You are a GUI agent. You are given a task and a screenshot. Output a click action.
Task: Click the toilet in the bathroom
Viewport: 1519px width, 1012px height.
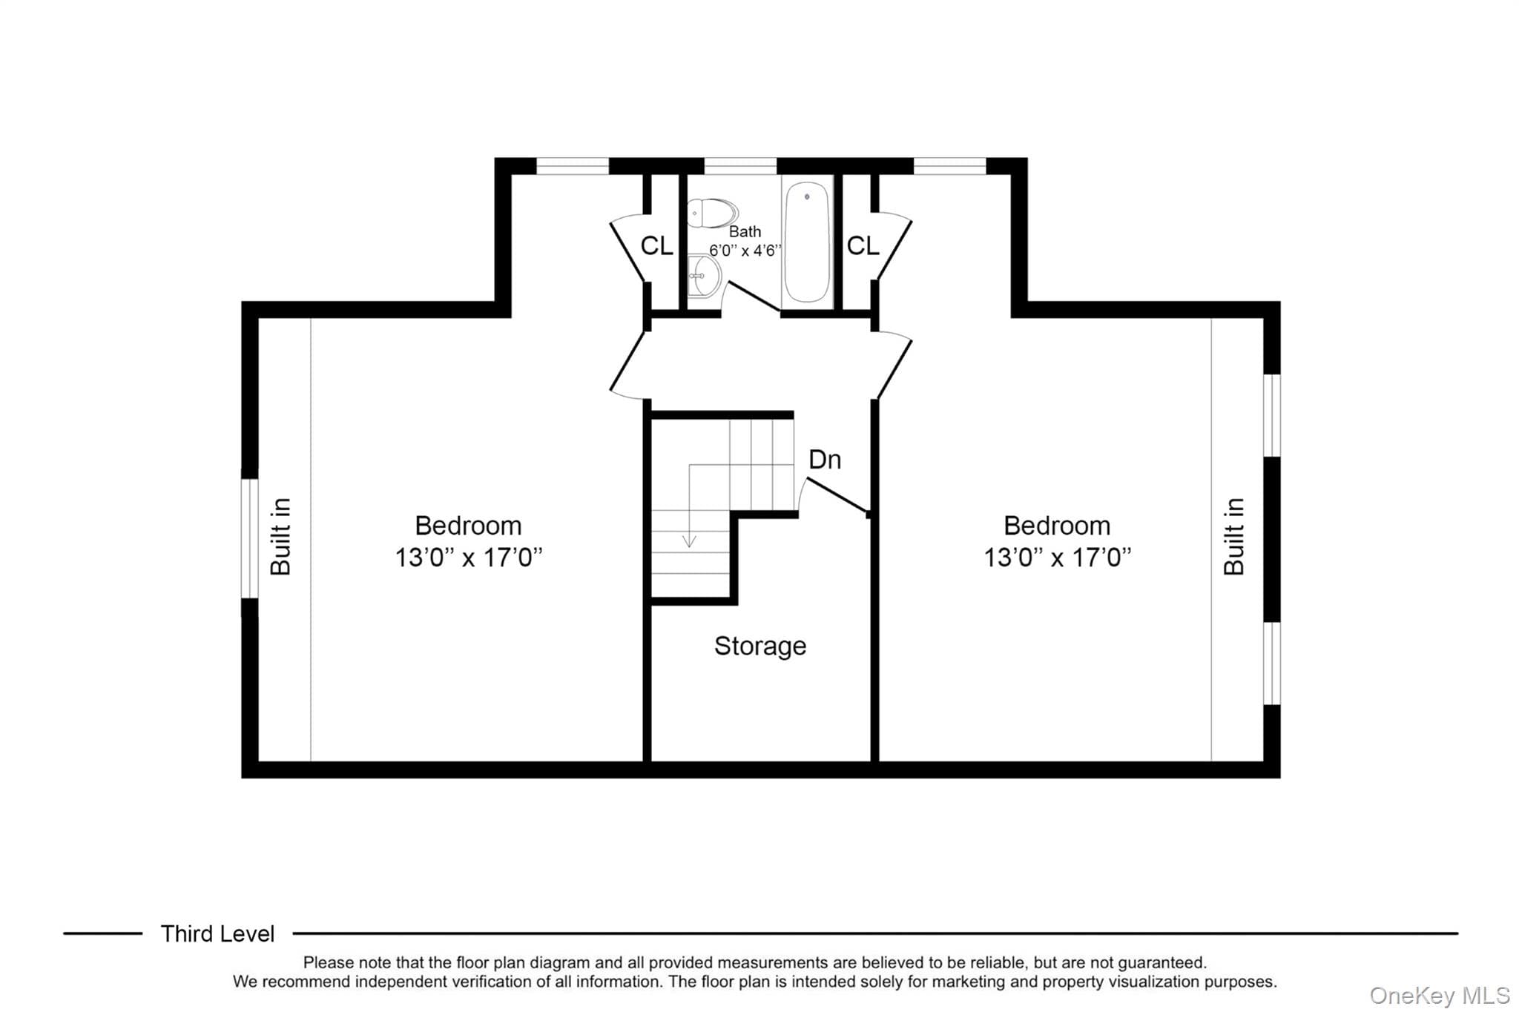click(711, 213)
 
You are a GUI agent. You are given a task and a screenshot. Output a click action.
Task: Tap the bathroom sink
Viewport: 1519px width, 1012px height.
click(703, 276)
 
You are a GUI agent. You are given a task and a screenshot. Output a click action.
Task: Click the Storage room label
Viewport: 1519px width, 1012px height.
click(760, 646)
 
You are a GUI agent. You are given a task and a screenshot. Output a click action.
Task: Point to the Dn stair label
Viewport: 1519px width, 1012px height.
click(825, 460)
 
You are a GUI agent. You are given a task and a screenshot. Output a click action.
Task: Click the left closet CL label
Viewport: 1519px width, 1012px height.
click(656, 245)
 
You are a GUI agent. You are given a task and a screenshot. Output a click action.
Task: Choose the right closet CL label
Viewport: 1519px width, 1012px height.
click(863, 245)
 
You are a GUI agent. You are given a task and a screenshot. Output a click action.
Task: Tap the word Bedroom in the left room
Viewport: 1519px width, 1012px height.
click(468, 526)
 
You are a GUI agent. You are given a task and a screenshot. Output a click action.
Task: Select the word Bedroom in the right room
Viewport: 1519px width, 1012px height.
click(1057, 526)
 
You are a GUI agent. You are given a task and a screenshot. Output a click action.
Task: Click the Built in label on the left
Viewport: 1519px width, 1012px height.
click(280, 537)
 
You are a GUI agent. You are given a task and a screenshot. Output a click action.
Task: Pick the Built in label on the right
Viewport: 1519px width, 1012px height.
click(1233, 537)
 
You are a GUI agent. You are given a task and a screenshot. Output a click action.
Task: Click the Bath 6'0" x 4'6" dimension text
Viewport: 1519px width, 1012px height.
click(745, 242)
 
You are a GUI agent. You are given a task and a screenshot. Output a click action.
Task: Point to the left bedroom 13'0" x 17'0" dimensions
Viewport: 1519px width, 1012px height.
click(469, 558)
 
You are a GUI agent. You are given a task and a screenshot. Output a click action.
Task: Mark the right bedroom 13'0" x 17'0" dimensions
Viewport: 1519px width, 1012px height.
click(1058, 558)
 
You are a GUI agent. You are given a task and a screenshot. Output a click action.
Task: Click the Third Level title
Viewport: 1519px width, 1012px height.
click(217, 934)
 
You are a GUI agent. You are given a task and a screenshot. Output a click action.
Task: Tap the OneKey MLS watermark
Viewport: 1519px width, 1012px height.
click(1440, 995)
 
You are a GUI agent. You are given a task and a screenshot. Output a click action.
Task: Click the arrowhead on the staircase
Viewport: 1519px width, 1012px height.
click(690, 542)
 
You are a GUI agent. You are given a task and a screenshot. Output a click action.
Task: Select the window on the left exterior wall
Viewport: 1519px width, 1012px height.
click(249, 538)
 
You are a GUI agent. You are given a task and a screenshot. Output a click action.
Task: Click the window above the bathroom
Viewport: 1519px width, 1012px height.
click(740, 166)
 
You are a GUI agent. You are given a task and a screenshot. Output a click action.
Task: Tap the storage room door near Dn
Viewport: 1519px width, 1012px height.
click(836, 495)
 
